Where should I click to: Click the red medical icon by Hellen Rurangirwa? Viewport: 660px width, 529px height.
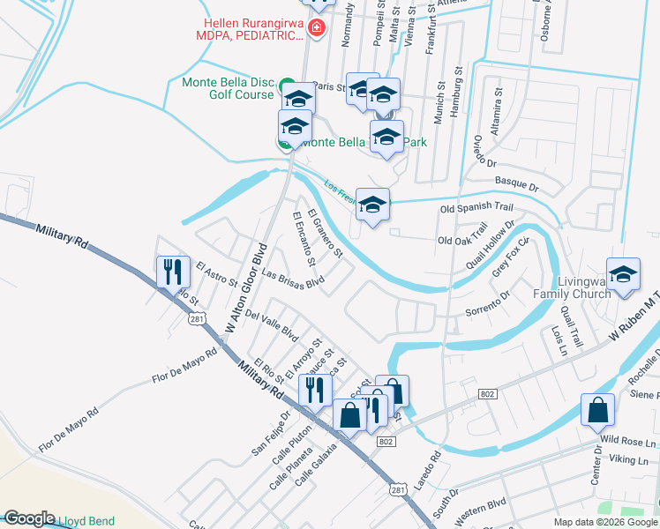pos(319,29)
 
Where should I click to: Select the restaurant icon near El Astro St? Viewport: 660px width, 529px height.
pos(172,271)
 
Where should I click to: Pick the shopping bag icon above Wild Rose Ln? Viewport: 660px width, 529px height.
pos(597,410)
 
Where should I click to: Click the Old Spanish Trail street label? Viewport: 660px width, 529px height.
pos(476,207)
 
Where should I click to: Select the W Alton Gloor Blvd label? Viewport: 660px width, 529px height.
pos(244,287)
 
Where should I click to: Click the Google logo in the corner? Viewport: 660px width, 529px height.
pos(29,518)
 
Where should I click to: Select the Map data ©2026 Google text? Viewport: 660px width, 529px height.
pos(604,522)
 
